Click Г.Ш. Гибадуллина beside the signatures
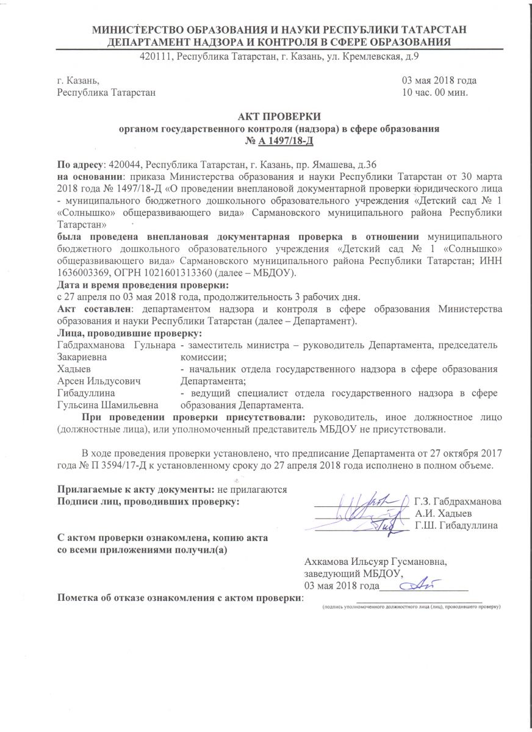click(455, 525)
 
